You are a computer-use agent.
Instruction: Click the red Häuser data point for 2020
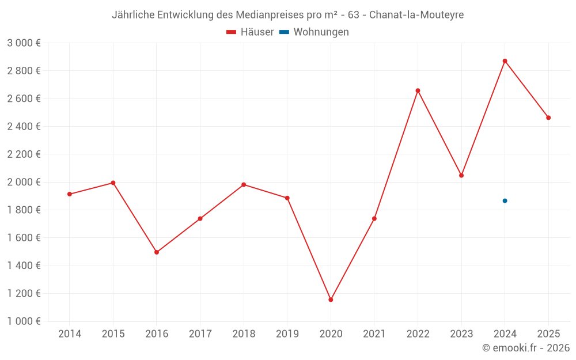coord(331,300)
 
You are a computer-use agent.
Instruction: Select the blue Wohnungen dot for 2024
coord(505,200)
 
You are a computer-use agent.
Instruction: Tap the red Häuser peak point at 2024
coord(505,61)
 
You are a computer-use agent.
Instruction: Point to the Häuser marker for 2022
coord(418,90)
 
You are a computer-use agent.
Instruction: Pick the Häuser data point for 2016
coord(157,252)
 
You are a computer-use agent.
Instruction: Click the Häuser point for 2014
coord(70,194)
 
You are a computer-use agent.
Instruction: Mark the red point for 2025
coord(548,118)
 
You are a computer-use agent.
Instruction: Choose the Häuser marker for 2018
coord(244,184)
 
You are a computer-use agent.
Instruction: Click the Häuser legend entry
coord(250,32)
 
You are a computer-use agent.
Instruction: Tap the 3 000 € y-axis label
coord(24,43)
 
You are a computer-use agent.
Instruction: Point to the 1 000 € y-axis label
coord(24,321)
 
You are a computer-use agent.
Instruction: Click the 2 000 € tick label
coord(24,182)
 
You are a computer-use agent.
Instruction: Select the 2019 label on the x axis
coord(287,334)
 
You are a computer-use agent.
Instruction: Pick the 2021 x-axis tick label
coord(374,334)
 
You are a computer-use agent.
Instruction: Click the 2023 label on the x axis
coord(461,334)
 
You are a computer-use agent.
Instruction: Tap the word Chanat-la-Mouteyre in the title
coord(416,15)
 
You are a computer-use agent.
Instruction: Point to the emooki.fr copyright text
coord(526,348)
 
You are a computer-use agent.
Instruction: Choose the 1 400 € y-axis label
coord(24,266)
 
